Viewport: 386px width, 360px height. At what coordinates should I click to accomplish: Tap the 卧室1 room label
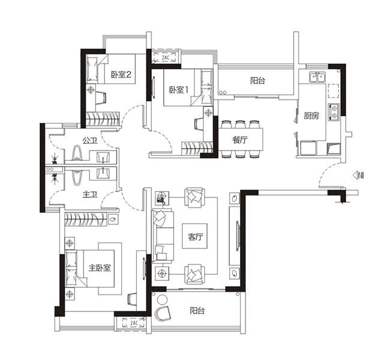[179, 89]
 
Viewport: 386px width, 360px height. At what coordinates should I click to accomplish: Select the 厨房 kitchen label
[310, 116]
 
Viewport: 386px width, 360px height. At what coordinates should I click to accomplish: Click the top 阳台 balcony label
[258, 81]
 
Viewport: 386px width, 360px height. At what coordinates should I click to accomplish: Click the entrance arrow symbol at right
[359, 175]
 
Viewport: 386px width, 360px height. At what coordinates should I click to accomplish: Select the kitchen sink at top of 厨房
[316, 76]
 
